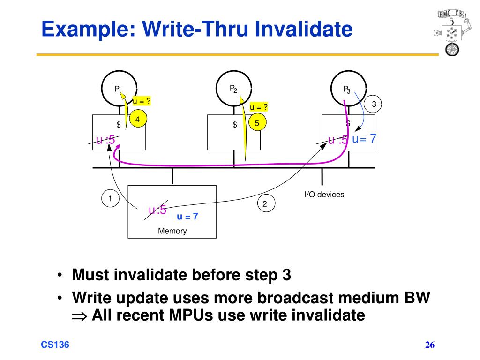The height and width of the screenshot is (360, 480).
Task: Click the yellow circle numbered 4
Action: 138,119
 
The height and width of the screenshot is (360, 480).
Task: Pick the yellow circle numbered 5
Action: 257,123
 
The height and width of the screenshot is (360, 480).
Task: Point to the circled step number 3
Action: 373,104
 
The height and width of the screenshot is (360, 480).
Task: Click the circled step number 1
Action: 110,198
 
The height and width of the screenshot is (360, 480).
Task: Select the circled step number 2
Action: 266,203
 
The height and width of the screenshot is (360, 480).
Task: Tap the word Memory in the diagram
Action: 172,231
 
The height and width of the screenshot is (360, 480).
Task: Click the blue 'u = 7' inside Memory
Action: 187,217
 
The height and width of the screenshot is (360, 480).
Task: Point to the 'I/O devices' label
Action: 324,195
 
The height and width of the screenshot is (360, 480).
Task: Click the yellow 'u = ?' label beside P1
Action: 142,101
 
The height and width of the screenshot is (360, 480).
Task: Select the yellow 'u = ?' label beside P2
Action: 259,107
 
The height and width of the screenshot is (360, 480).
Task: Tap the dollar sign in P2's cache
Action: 235,124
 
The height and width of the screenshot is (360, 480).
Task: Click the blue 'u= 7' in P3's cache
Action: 364,139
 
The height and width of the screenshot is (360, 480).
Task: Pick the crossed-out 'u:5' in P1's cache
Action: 105,140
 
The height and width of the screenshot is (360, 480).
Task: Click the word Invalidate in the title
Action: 303,29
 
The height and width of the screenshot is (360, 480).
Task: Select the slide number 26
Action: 430,345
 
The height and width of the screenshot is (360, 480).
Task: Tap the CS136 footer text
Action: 55,345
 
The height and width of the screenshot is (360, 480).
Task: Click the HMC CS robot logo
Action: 451,33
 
